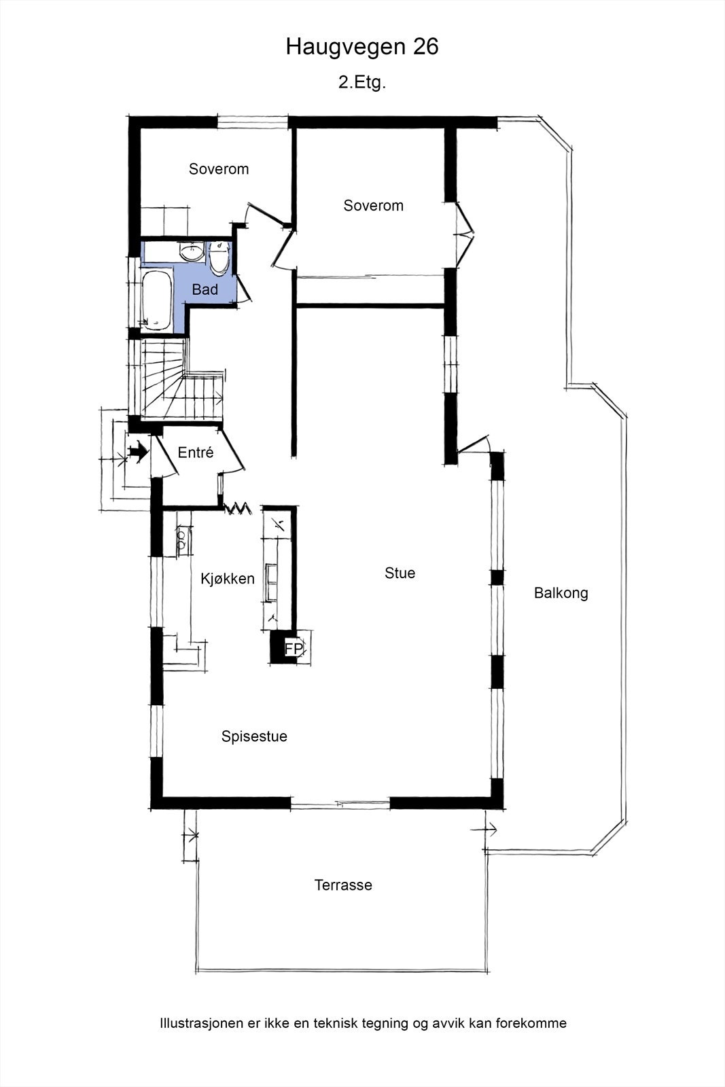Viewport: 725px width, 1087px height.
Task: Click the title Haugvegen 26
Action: [x=362, y=47]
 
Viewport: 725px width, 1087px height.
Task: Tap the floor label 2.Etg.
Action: [x=362, y=82]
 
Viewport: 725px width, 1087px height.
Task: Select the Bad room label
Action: [x=205, y=289]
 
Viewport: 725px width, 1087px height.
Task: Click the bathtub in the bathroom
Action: [x=157, y=300]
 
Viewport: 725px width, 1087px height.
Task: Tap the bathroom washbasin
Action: [x=192, y=252]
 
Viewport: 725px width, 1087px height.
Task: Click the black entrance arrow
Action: [x=139, y=451]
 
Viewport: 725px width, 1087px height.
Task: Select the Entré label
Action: [x=196, y=452]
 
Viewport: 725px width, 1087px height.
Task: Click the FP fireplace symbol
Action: [x=293, y=648]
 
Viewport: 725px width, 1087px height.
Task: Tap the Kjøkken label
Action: [x=228, y=578]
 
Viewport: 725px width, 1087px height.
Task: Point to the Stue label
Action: [x=400, y=573]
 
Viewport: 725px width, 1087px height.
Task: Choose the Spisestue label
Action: [x=254, y=736]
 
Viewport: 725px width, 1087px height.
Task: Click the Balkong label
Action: [x=561, y=593]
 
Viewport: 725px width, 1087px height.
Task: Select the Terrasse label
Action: [x=343, y=885]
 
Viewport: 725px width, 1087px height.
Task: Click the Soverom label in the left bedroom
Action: [x=219, y=169]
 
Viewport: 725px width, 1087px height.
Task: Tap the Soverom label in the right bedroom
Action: [x=374, y=206]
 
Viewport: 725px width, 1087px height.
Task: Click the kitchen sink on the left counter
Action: [x=183, y=540]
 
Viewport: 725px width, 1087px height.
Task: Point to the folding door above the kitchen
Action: [x=238, y=509]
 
